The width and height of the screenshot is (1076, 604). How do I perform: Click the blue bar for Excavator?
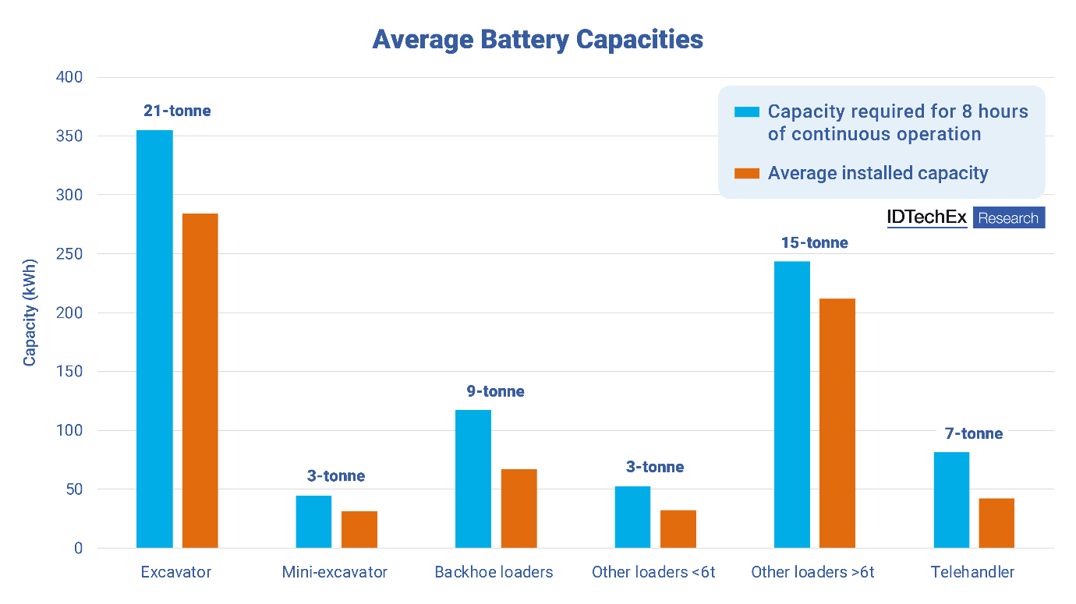coord(154,339)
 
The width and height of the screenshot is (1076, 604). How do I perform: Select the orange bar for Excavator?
coord(200,380)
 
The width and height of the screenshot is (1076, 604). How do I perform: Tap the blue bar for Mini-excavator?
coord(313,521)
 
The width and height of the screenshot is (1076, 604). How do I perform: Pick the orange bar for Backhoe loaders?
coord(519,508)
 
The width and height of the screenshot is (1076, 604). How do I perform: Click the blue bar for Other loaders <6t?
coord(632,517)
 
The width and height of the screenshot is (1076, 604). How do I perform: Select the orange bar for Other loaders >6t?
coord(837,423)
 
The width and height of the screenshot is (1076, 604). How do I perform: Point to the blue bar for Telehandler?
coord(951,500)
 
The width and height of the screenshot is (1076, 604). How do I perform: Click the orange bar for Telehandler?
coord(996,523)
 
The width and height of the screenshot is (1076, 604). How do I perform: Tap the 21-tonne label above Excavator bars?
coord(177,111)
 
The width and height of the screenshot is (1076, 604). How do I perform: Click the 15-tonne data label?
coord(814,243)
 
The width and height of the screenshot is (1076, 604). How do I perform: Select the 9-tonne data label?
coord(496,391)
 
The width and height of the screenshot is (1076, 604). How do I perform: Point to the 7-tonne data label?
coord(974,434)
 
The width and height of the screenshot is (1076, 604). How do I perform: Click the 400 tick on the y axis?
coord(68,78)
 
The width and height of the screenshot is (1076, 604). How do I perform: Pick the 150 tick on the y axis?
coord(68,372)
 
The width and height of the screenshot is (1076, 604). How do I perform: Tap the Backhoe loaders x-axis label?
coord(494,572)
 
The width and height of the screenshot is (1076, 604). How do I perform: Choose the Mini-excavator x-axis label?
coord(334,572)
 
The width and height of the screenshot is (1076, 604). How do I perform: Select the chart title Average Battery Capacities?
coord(538,40)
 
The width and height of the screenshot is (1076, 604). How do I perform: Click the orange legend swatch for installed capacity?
coord(747,173)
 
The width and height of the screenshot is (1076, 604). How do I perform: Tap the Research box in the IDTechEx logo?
coord(1008,218)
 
